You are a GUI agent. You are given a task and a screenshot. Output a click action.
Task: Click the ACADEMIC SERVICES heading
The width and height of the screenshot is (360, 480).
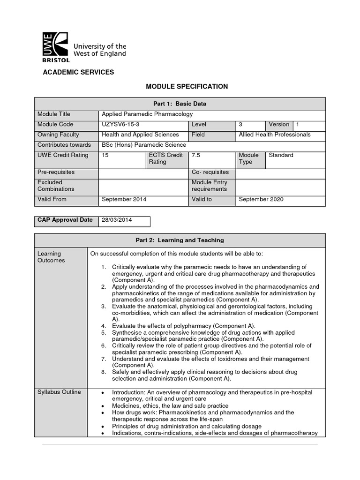tap(78, 72)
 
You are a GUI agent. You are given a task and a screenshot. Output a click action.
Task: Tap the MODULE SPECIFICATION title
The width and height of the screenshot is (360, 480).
tap(180, 86)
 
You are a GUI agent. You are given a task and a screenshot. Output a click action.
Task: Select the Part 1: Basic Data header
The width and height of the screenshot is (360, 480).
tap(180, 104)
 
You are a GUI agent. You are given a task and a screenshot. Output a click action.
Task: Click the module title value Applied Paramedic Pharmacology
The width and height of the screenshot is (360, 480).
tap(147, 114)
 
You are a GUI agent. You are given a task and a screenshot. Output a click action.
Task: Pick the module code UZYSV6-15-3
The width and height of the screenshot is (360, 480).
tap(120, 125)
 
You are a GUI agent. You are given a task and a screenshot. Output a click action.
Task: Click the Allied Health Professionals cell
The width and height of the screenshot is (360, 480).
tap(274, 135)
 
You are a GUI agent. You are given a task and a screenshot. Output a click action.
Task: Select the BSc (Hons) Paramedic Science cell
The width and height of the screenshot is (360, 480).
tap(144, 145)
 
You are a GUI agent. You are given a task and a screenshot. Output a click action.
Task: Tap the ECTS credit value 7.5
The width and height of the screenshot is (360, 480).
tap(196, 155)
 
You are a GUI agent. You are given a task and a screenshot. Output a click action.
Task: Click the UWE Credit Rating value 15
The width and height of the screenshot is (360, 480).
tap(105, 155)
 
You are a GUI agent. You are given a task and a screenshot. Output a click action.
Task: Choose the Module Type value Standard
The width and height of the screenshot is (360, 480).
tap(281, 155)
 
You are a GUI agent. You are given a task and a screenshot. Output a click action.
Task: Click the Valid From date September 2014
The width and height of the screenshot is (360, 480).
tap(124, 199)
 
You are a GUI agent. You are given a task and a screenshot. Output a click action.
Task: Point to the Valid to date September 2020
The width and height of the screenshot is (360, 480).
tap(261, 199)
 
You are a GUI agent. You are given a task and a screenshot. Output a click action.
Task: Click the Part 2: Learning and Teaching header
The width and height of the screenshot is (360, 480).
tap(180, 240)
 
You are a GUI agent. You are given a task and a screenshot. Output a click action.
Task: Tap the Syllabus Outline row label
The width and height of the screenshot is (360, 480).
tap(59, 392)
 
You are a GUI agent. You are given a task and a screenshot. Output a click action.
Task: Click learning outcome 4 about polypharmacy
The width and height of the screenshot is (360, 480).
tap(183, 326)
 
